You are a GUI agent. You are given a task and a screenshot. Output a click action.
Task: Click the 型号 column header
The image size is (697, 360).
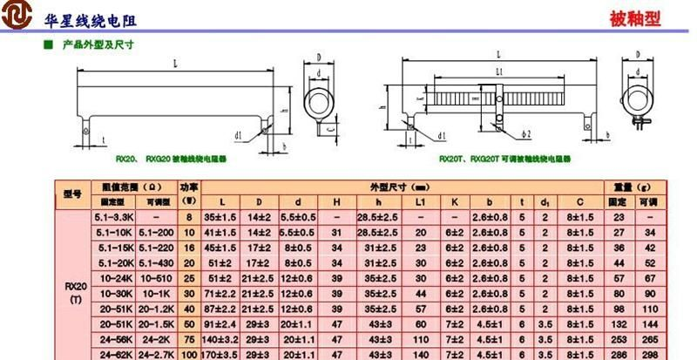coord(72,193)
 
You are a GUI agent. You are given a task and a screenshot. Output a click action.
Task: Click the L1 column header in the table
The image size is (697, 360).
coord(421,201)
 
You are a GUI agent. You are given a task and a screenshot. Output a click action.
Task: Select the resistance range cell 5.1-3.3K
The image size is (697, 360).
coord(113,215)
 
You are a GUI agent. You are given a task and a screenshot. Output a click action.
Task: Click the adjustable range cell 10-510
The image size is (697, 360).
coord(155,277)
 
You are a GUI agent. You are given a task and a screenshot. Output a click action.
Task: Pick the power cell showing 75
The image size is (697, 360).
coord(187,340)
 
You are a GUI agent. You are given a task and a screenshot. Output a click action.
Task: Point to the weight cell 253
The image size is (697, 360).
coord(618,340)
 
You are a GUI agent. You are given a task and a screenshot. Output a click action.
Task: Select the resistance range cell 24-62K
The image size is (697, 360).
coord(113,355)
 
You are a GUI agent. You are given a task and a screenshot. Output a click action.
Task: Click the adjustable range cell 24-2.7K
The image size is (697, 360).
coord(155,355)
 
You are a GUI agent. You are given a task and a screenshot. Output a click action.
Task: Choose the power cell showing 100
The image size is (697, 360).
coord(187,355)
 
